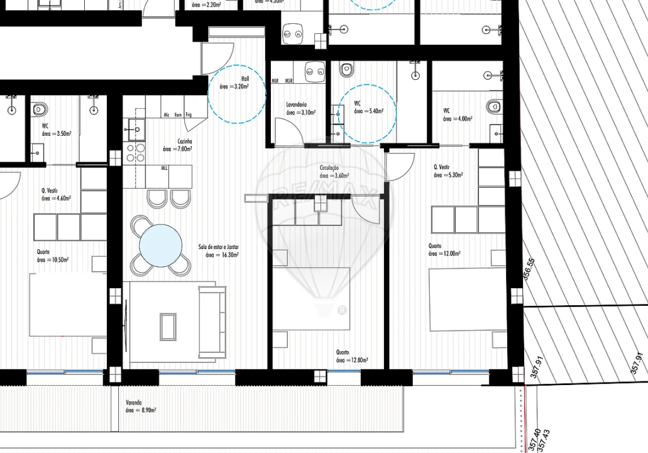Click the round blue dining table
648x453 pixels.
point(160,246)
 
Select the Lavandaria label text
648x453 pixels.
point(295,105)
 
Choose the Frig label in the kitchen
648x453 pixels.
point(188,115)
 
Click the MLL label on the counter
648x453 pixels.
point(164,169)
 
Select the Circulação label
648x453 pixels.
point(329,168)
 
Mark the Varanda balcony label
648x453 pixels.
point(133,403)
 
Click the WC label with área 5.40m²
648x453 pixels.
point(358,103)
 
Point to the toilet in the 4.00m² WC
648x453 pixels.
point(494,106)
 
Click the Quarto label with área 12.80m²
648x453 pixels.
point(343,353)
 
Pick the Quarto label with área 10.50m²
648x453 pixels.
point(43,252)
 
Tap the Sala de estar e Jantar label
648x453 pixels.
point(221,247)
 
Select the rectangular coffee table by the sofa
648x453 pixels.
point(168,326)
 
